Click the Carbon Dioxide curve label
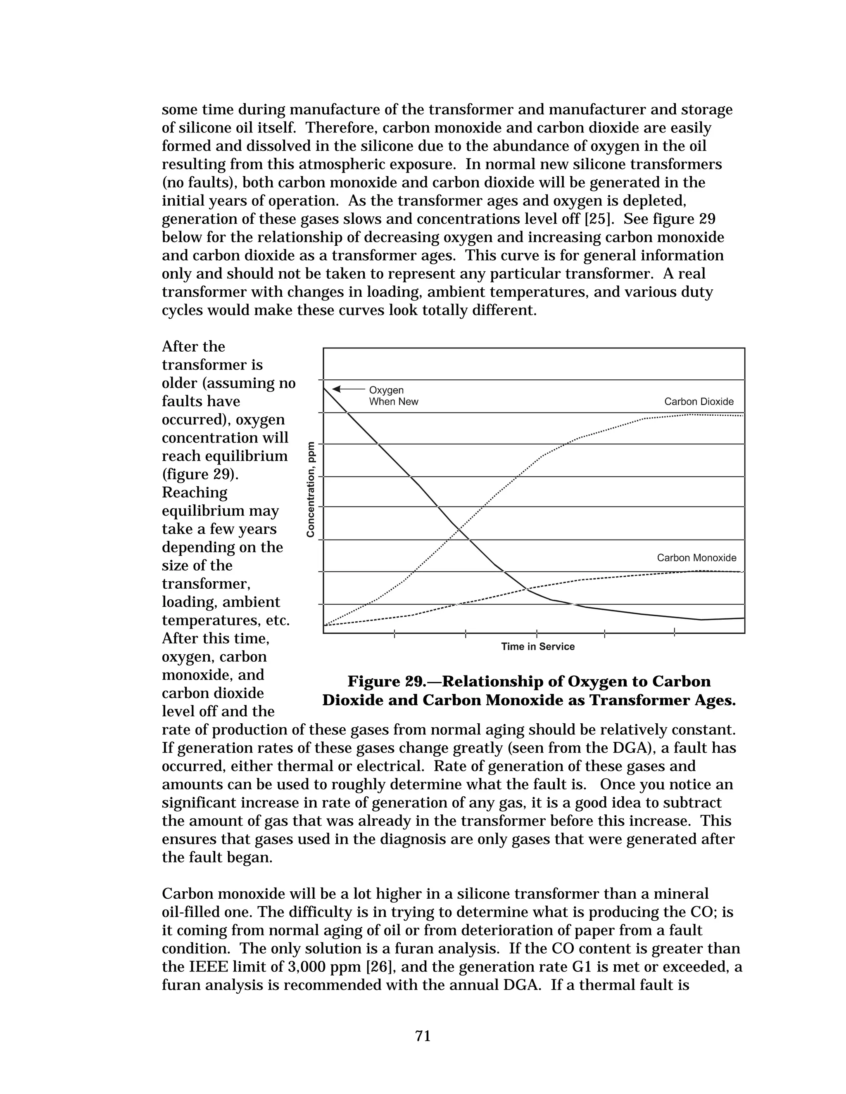point(699,402)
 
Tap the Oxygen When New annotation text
point(393,396)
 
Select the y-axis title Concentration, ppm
point(311,489)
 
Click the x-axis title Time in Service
point(538,646)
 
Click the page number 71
point(423,1036)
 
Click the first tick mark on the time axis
point(394,634)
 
